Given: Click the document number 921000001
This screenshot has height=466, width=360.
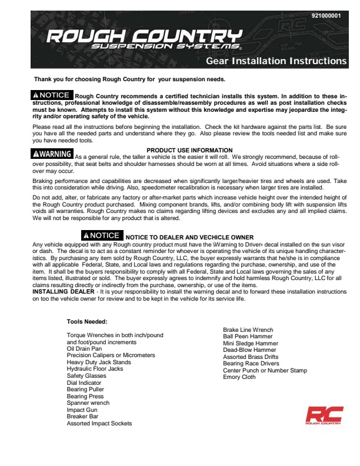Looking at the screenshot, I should (325, 15).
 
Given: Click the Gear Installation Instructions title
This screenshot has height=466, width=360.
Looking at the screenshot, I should (276, 61).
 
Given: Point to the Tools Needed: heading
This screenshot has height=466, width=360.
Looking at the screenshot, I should (87, 321).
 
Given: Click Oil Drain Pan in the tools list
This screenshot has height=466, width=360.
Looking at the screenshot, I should (84, 348).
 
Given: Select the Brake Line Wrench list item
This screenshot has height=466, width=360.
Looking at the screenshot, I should (248, 330).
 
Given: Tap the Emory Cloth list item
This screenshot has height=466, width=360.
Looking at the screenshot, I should (239, 377).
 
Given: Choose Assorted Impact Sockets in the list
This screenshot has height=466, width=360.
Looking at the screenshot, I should (99, 423).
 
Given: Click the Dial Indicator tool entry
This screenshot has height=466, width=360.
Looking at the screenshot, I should (84, 382).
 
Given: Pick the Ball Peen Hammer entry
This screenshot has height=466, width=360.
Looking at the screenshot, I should (248, 337).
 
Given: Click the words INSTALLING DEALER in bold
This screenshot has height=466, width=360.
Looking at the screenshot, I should (63, 291).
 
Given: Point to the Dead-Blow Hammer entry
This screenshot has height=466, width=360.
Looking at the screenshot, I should (249, 350).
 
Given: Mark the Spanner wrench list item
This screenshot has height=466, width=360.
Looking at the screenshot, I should (88, 403).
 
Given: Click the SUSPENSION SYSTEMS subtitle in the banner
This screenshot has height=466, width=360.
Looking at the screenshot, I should (166, 46).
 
